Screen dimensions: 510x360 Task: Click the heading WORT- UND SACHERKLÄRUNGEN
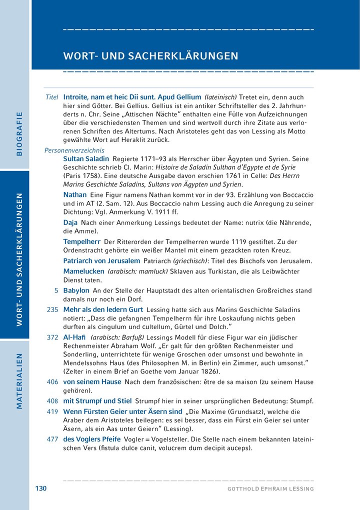coord(150,56)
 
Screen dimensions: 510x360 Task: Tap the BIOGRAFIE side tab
coord(19,134)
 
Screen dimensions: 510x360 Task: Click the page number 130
coord(40,488)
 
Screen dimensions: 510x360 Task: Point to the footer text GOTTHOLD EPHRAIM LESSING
coord(270,488)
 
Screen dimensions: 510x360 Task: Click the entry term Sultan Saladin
coord(86,158)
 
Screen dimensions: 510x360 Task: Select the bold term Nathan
coord(75,194)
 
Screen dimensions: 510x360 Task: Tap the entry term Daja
coord(70,222)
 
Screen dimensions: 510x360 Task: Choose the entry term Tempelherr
coord(81,241)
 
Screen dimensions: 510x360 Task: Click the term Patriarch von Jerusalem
coord(101,261)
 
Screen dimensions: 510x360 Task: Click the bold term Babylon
coord(76,290)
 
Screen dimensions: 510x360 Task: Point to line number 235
coord(52,309)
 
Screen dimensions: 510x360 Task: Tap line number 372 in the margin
coord(52,337)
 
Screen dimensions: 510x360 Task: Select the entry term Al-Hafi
coord(73,337)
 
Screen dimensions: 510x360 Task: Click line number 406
coord(52,381)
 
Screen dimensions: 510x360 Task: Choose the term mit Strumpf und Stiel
coord(97,400)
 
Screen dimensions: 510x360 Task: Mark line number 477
coord(52,438)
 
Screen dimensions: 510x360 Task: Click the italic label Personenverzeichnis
coord(74,149)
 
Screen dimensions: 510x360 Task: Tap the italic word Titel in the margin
coord(52,97)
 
